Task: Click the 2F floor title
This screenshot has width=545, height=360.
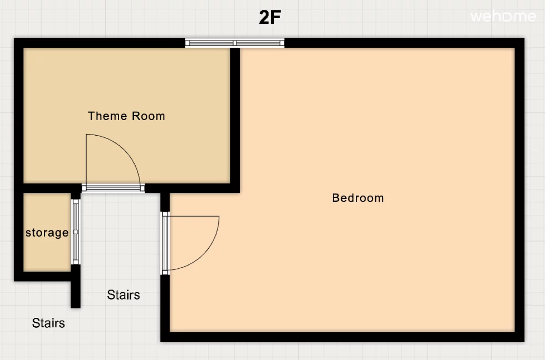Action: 270,17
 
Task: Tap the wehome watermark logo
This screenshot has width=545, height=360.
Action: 503,16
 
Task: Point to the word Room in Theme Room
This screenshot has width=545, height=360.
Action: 148,116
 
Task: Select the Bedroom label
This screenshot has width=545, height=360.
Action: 358,198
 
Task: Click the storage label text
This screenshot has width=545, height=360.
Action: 47,233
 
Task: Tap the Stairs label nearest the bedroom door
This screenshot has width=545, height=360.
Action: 123,295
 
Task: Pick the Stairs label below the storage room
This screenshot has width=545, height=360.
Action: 48,323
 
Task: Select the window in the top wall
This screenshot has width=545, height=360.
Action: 234,43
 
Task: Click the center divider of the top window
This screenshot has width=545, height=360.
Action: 234,43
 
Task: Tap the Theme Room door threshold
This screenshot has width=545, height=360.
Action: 113,188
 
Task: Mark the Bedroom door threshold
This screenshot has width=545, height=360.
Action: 165,243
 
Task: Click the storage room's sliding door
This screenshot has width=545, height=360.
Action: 76,232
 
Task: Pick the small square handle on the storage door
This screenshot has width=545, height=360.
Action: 76,232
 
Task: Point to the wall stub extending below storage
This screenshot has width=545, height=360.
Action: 76,286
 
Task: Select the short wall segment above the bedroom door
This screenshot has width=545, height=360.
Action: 165,202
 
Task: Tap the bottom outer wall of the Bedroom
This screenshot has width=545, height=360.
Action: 343,337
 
